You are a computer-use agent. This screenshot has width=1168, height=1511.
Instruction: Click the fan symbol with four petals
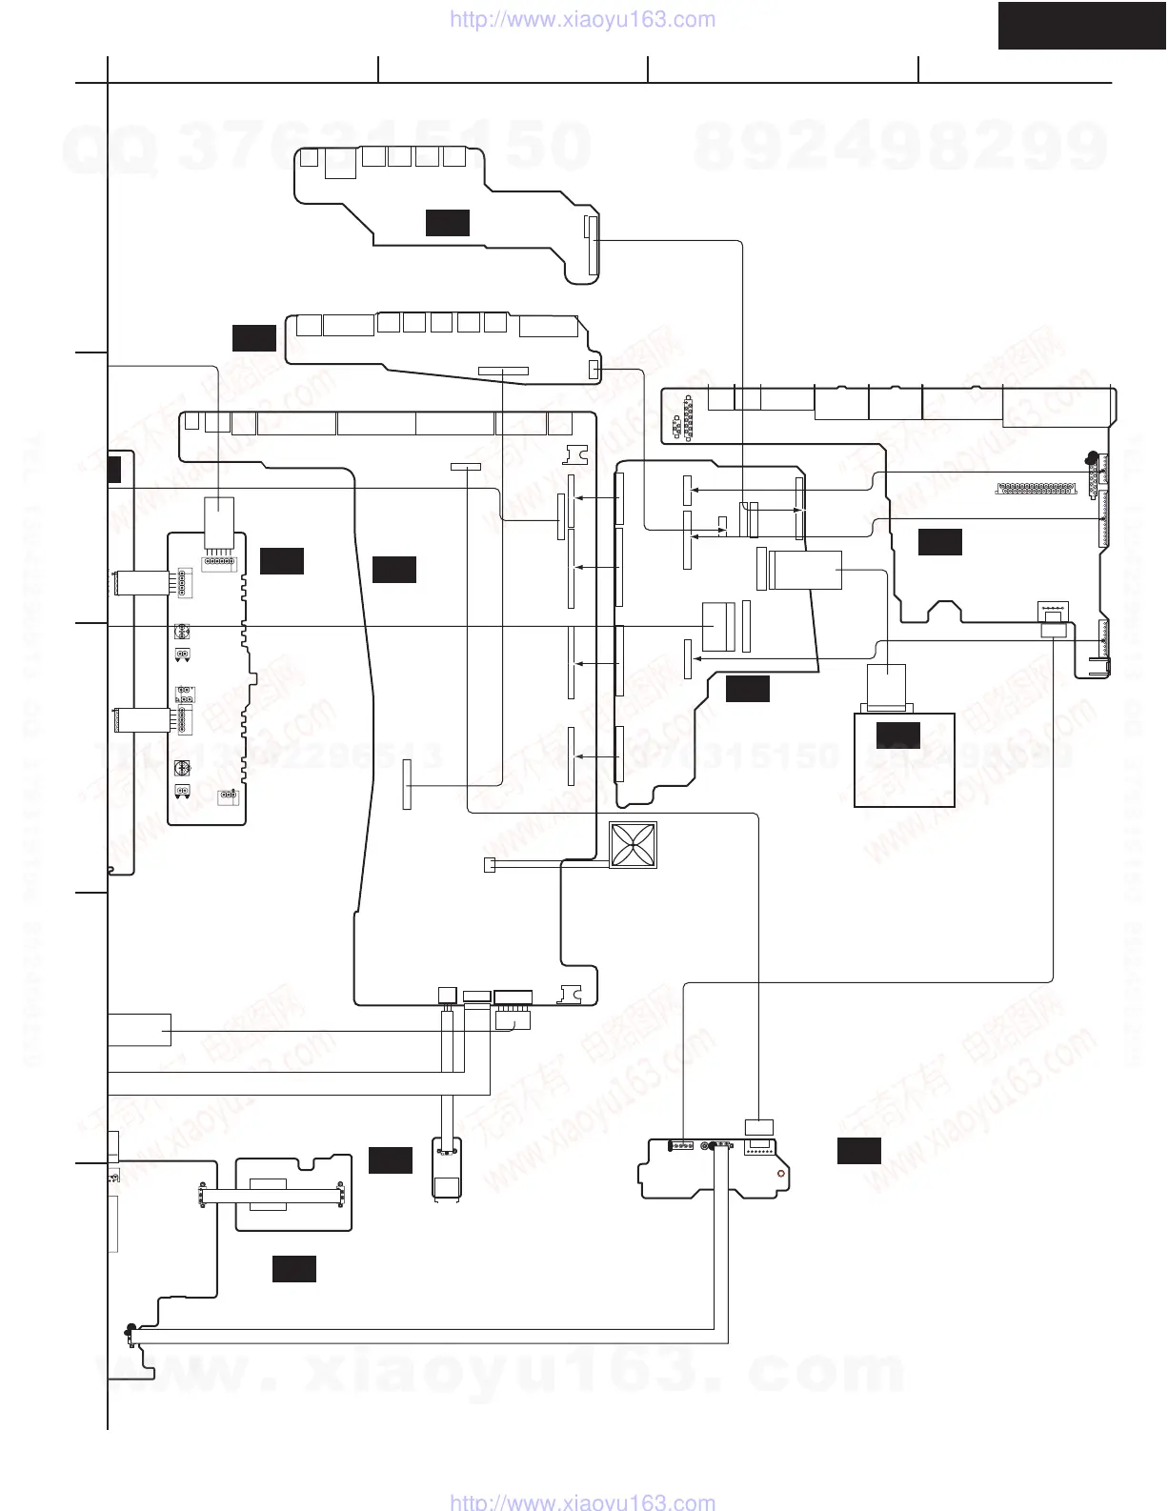point(633,845)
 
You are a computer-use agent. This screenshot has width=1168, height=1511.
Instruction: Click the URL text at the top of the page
point(580,19)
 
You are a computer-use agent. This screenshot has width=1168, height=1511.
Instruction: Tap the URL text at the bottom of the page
point(580,1501)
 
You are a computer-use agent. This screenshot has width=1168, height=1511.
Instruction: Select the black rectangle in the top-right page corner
point(1081,25)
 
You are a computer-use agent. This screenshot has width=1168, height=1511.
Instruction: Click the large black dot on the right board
point(1091,458)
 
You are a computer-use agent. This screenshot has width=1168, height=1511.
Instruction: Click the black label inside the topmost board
point(447,223)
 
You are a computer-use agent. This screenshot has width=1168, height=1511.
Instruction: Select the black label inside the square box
point(897,735)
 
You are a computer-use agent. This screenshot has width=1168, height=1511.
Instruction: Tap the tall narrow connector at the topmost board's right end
point(591,245)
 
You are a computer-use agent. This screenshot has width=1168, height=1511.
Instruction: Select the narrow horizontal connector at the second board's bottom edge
point(502,369)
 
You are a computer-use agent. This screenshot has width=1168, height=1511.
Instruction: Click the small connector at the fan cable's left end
point(490,866)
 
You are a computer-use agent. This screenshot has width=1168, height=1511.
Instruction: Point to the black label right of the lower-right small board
point(858,1151)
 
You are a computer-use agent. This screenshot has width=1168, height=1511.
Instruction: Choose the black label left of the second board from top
point(253,337)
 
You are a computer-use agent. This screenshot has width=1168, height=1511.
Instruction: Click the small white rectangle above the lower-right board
point(758,1125)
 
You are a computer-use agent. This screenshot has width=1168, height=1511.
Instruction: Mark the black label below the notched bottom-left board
point(293,1269)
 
